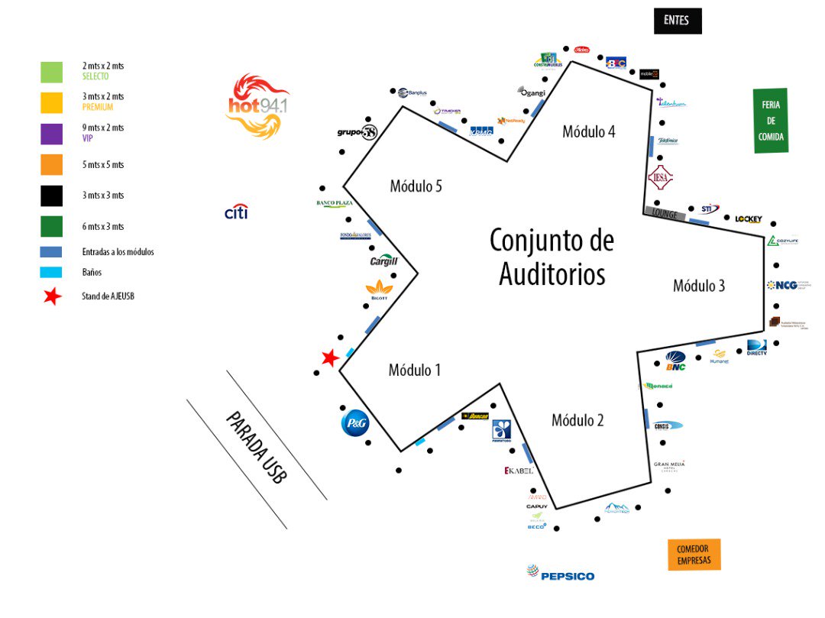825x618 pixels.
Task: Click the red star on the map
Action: (x=330, y=358)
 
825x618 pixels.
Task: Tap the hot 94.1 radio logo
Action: (x=258, y=106)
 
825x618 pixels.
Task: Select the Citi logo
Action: (x=236, y=212)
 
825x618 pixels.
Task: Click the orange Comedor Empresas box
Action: (x=693, y=555)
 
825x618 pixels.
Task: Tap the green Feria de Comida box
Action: (x=770, y=121)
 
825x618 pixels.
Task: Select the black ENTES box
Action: (x=677, y=21)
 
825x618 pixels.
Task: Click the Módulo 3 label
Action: (x=698, y=286)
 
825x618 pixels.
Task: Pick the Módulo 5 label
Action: (x=416, y=186)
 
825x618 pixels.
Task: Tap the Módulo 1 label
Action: (x=415, y=370)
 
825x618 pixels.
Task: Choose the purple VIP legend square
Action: (x=52, y=134)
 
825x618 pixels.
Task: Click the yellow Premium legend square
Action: (x=52, y=102)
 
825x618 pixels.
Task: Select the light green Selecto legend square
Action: (x=52, y=72)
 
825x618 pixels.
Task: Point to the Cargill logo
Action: (x=383, y=261)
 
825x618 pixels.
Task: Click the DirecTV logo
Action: (x=756, y=348)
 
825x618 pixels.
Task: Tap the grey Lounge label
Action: (x=665, y=215)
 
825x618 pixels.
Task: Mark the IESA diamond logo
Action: (x=660, y=177)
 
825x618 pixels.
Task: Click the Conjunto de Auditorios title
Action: (x=552, y=257)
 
